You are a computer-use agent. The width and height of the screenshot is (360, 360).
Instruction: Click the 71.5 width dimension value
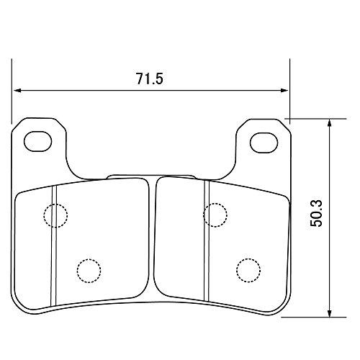[x=149, y=78]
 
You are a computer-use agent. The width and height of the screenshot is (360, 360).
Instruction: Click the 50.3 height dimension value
[x=316, y=214]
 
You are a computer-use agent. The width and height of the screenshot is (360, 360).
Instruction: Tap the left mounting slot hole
[x=38, y=141]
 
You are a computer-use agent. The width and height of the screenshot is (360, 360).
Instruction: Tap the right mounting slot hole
[x=264, y=143]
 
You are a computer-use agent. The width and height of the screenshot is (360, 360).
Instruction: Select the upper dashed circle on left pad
[x=55, y=204]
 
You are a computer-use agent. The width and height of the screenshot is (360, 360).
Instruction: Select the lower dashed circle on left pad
[x=89, y=259]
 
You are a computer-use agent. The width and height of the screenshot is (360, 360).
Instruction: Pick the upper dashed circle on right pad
[x=215, y=203]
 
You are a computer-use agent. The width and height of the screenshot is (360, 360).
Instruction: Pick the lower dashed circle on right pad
[x=248, y=258]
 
